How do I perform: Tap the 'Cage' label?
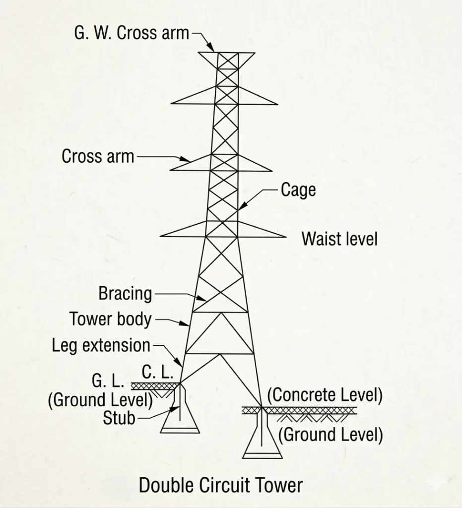click(x=298, y=190)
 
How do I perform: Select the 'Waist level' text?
click(x=339, y=239)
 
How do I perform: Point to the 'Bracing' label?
click(x=125, y=293)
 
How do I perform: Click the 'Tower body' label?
click(x=110, y=319)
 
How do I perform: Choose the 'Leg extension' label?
click(x=101, y=345)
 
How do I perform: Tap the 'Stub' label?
click(x=119, y=418)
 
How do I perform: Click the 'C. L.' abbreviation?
click(x=157, y=372)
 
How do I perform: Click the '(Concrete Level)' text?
click(x=325, y=395)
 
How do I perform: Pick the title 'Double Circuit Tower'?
click(x=220, y=485)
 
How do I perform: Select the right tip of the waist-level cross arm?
click(x=285, y=237)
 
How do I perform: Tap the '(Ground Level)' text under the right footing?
click(x=330, y=435)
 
